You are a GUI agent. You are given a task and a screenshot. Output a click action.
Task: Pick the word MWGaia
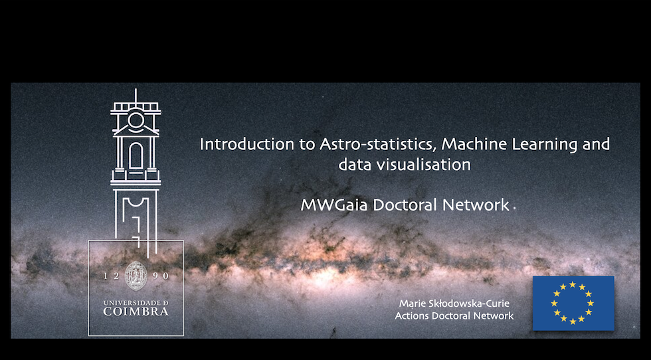[334, 205]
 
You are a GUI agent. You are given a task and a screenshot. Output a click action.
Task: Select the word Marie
[411, 304]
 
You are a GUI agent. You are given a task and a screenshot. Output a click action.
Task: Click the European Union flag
[573, 303]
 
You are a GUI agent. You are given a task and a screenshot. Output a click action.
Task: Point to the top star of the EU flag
[573, 284]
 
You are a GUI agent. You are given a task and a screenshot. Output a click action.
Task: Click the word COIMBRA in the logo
[136, 312]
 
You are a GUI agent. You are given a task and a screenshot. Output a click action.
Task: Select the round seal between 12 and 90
[136, 276]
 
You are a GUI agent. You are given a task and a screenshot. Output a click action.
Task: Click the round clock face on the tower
[136, 120]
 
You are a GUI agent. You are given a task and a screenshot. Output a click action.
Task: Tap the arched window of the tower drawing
[136, 155]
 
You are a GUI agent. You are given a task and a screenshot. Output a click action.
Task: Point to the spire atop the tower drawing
[136, 96]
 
